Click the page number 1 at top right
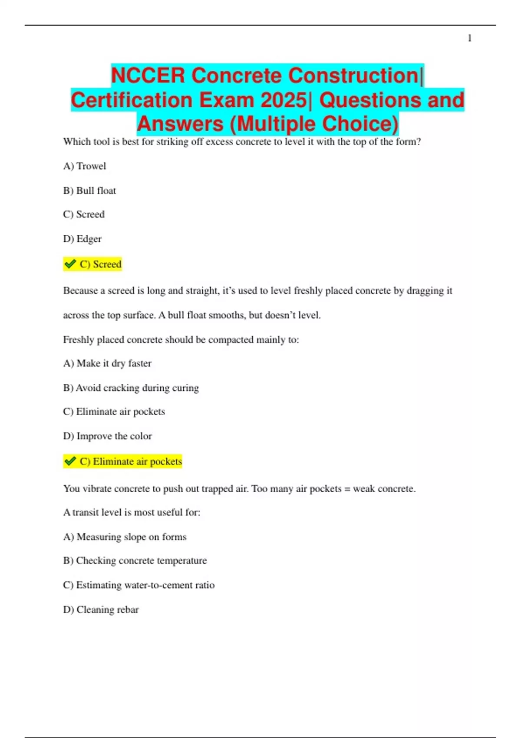click(x=469, y=39)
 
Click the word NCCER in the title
click(x=148, y=76)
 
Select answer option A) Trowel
click(x=85, y=166)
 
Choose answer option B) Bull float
click(x=89, y=191)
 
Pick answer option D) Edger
click(x=82, y=239)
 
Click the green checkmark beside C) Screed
click(x=70, y=264)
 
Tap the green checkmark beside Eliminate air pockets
click(x=70, y=461)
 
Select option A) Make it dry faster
click(x=107, y=363)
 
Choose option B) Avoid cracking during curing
click(x=131, y=388)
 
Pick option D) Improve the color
click(x=108, y=436)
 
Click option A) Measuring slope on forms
click(x=125, y=537)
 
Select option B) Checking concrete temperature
click(x=135, y=561)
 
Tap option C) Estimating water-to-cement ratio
click(x=139, y=585)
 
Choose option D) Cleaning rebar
click(x=101, y=610)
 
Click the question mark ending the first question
click(x=419, y=142)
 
